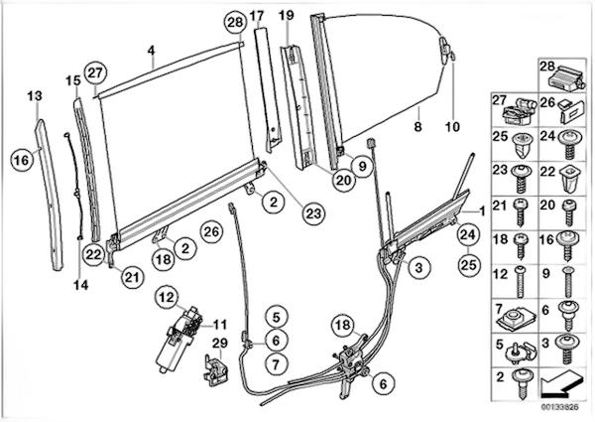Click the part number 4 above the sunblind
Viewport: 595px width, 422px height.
(150, 50)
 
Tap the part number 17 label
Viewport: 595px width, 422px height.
(257, 15)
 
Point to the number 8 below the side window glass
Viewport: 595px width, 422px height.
(417, 127)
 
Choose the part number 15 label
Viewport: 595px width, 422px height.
(72, 79)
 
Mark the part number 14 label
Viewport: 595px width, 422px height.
(81, 285)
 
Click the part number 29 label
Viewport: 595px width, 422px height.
(219, 343)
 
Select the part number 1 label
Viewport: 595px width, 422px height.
(481, 211)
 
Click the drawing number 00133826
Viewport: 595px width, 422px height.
(561, 405)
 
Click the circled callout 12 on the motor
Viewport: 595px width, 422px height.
(166, 295)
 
